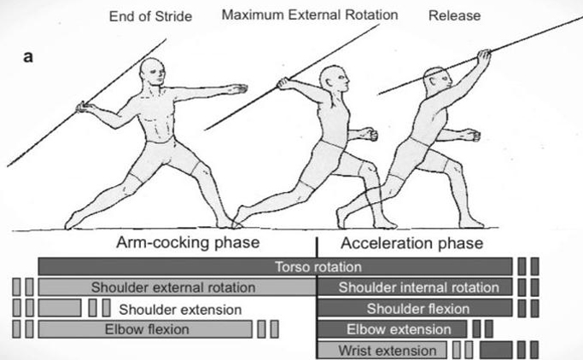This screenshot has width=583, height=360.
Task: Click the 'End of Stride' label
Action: coord(150,16)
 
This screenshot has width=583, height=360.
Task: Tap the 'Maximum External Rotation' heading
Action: coord(310,15)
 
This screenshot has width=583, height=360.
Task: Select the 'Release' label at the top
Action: coord(454,15)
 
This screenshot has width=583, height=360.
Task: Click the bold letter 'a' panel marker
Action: coord(28,57)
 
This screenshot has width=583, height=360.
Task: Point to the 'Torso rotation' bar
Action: coord(275,266)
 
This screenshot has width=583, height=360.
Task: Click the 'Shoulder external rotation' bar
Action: coord(178,287)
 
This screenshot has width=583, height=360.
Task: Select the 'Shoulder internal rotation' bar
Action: coord(415,287)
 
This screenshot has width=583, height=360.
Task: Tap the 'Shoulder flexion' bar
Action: coord(415,308)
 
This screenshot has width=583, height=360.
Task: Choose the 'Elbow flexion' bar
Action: coord(145,329)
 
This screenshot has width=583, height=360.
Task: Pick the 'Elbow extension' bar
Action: coord(393,329)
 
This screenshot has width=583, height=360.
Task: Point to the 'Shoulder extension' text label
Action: coord(180,310)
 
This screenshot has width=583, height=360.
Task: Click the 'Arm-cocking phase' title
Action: coord(188,242)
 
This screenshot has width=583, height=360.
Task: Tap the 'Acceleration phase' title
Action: coord(412,243)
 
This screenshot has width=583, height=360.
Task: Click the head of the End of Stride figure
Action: coord(153,72)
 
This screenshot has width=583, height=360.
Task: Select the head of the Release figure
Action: coord(438,81)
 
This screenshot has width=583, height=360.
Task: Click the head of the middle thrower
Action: coord(335,79)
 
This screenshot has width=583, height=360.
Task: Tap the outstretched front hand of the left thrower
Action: coord(237,89)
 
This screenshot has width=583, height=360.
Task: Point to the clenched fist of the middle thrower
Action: coord(370,134)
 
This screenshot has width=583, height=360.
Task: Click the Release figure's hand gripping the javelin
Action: coord(484,58)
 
